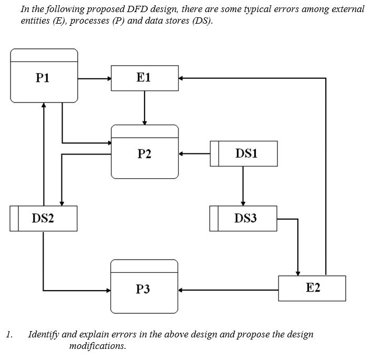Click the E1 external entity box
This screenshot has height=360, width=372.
click(x=144, y=78)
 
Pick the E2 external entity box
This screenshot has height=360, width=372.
click(x=312, y=288)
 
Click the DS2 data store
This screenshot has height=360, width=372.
click(x=44, y=219)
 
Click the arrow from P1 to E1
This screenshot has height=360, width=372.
click(x=95, y=79)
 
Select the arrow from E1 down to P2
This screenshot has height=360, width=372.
click(x=144, y=108)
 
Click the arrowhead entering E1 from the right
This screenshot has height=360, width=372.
click(x=181, y=79)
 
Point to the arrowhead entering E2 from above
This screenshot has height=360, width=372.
click(x=298, y=273)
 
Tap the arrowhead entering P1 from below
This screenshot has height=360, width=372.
click(x=44, y=105)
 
